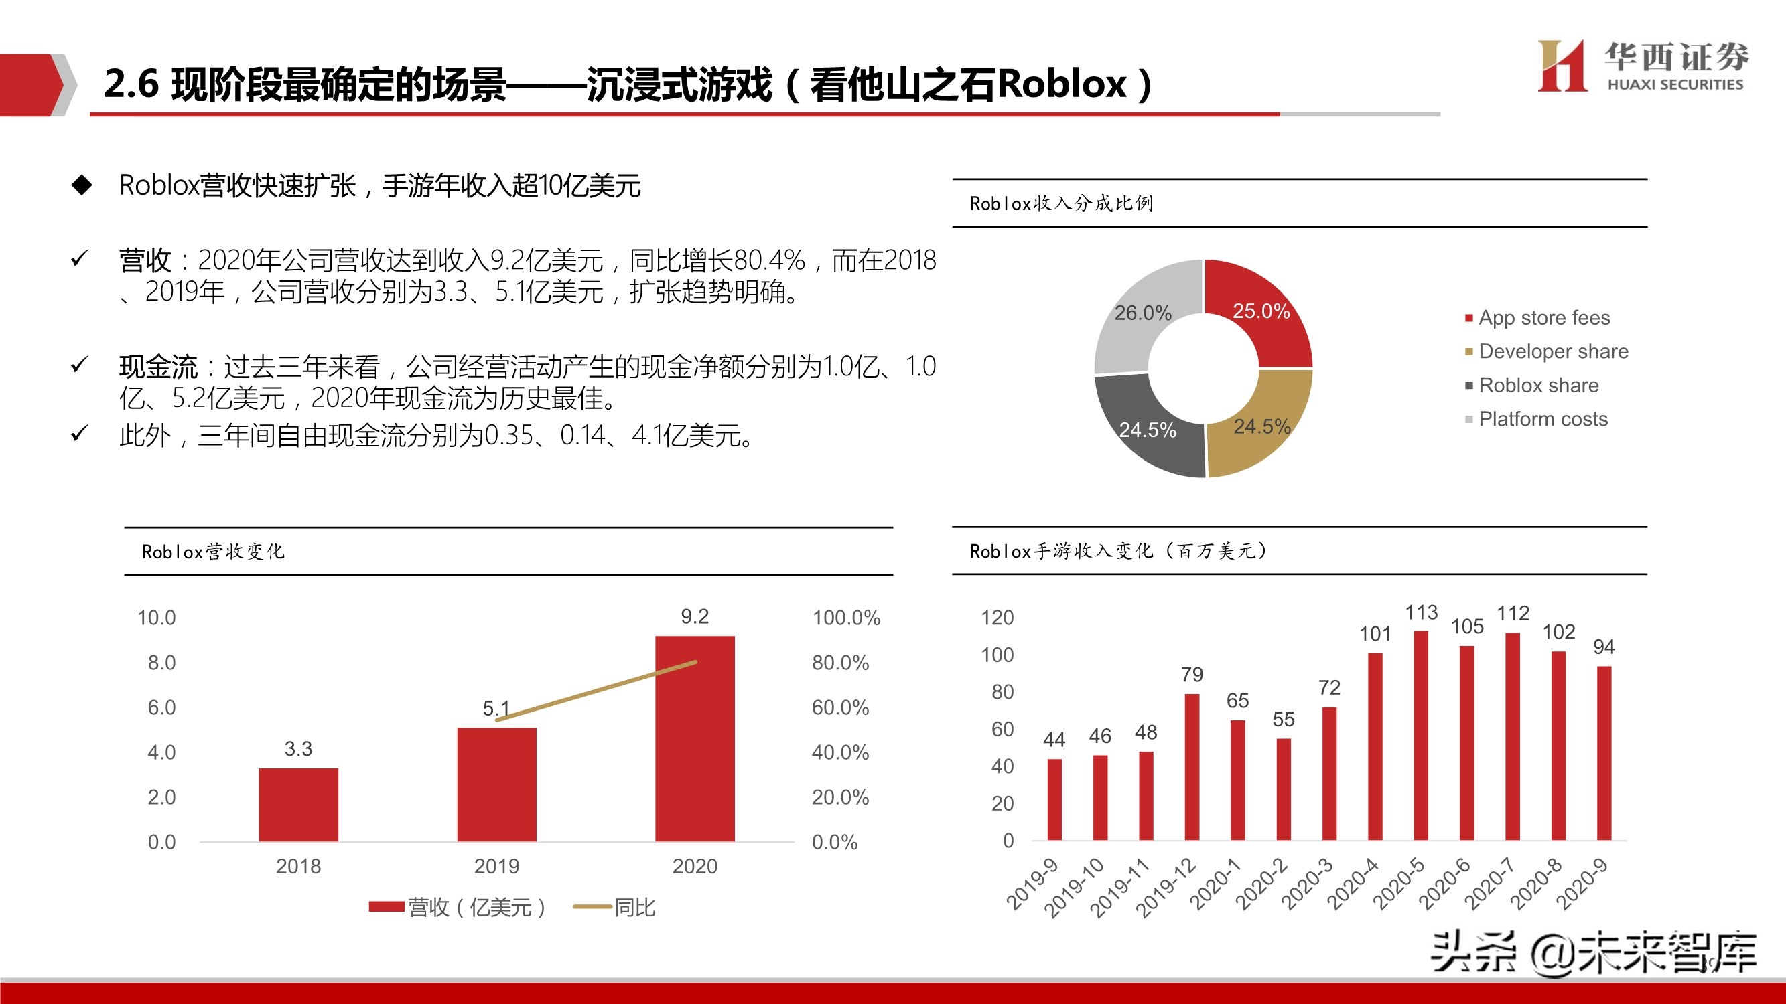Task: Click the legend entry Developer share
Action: (x=1553, y=351)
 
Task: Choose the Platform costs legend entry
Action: (x=1542, y=419)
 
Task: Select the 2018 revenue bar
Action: (x=298, y=805)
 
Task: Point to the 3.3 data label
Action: (x=298, y=748)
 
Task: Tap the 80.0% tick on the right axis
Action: (x=840, y=663)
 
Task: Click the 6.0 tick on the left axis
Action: (x=161, y=707)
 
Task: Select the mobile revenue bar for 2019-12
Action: (x=1192, y=767)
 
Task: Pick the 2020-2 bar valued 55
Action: (x=1284, y=789)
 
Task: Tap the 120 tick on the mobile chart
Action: (x=997, y=617)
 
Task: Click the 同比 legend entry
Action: (x=634, y=907)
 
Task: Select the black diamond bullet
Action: (x=82, y=185)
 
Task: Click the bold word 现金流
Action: (x=158, y=367)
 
